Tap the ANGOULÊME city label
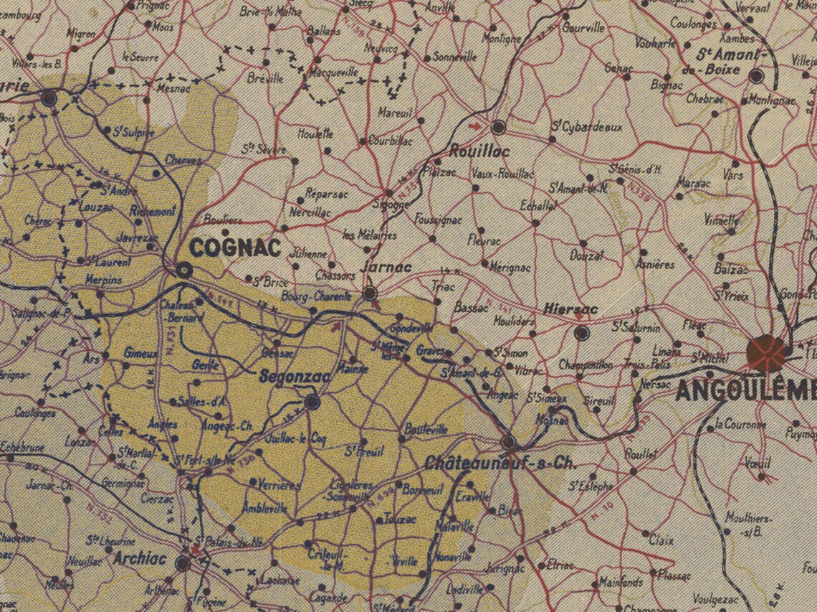click(x=745, y=391)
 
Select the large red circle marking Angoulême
click(x=766, y=352)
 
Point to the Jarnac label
click(x=388, y=267)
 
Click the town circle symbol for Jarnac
click(x=370, y=293)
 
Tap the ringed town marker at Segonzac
click(x=312, y=402)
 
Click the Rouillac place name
click(x=479, y=151)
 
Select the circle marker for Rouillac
click(x=498, y=128)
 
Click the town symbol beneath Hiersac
click(x=581, y=333)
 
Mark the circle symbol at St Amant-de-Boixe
click(x=756, y=75)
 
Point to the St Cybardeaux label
click(x=586, y=127)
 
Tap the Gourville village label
click(x=583, y=28)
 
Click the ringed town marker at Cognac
click(x=184, y=270)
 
